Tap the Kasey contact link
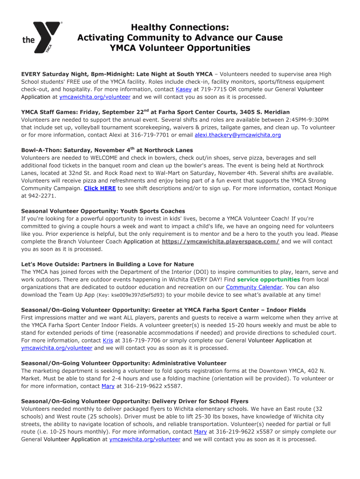tap(184, 89)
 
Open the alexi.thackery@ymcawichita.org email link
tap(238, 135)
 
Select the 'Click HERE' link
tap(100, 188)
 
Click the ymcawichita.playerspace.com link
tap(220, 241)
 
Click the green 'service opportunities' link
tap(268, 279)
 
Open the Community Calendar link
tap(254, 287)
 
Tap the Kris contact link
tap(108, 340)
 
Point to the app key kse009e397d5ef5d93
tap(138, 295)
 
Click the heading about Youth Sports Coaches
tap(103, 211)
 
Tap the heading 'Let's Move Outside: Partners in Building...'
tap(108, 264)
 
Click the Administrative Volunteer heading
tap(124, 363)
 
